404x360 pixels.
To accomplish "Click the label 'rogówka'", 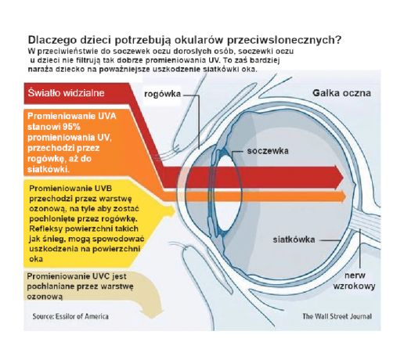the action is pos(162,94).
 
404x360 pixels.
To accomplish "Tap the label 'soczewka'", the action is pos(268,151).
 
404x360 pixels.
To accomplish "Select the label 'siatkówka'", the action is pos(294,239).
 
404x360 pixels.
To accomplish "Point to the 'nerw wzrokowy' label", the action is pos(355,281).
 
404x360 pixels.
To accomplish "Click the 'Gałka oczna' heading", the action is pos(341,93).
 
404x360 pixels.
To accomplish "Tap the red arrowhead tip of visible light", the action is pos(343,177).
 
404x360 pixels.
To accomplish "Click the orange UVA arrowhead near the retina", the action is pos(346,196).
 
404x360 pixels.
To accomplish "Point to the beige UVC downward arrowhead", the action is pos(152,313).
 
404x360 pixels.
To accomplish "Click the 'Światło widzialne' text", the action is pos(67,93).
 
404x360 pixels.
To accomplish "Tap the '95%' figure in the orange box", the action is pos(72,127).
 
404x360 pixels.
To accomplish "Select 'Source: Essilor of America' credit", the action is pos(70,316).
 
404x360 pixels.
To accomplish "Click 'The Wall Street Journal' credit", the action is pos(337,316).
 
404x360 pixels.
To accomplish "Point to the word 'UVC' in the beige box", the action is pos(102,276).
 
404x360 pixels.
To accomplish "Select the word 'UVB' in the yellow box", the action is pos(103,189).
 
